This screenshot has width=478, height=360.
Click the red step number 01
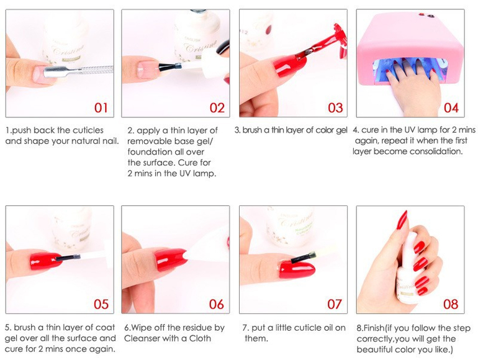pos(101,107)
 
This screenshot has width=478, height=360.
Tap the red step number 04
pos(451,107)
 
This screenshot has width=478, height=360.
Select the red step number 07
pos(335,304)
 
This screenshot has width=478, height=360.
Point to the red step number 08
pos(451,304)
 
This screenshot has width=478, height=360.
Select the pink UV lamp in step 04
pos(410,49)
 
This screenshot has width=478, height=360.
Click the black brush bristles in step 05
pos(68,258)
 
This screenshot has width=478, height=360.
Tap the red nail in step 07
pos(297,270)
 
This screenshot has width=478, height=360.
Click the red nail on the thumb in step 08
pos(402,220)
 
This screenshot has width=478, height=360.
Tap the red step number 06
pos(217,304)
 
